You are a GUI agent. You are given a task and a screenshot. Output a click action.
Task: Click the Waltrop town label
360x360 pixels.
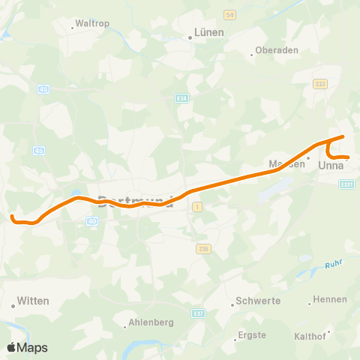pos(92,24)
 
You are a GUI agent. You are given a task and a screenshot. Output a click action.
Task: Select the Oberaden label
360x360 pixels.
pos(277,50)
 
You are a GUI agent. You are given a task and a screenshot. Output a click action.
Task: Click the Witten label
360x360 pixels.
pos(34,301)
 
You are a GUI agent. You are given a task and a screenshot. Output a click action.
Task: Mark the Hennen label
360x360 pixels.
pos(330,299)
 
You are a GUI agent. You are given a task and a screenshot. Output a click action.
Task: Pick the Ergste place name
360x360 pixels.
pos(251,334)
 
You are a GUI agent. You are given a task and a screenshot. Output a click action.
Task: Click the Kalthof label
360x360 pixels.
pos(309,336)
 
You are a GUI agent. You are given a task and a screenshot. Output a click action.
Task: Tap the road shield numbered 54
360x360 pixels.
pos(230,15)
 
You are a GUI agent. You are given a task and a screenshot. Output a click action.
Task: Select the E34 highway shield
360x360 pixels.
pos(181,97)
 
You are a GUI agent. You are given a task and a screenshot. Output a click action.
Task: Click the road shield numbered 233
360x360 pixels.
pos(321,84)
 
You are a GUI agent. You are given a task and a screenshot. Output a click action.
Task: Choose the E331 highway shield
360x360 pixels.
pos(346,184)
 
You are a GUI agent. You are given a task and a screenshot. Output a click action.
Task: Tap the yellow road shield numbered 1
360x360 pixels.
pos(197,206)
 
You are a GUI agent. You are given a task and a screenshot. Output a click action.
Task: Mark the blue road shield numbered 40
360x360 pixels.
pos(92,221)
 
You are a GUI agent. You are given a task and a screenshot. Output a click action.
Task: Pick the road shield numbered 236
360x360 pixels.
pos(202,247)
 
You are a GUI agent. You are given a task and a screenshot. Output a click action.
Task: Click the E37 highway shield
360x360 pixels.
pos(197,313)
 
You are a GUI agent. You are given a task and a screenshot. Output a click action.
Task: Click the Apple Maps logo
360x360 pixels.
pos(27,347)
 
